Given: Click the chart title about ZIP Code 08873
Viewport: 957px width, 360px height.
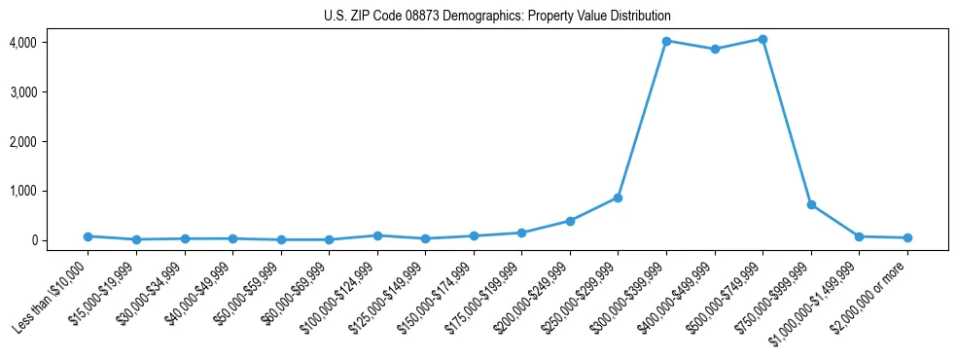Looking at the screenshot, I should (497, 17).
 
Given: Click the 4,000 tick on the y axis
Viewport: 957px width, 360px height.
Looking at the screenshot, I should (23, 43).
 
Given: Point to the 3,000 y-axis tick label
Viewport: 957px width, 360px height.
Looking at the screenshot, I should (23, 92).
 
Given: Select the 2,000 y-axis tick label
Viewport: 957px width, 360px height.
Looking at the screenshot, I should (23, 142).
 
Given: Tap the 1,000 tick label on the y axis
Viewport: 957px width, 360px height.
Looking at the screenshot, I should (23, 191).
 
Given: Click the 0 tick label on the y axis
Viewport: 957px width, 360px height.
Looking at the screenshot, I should (33, 240).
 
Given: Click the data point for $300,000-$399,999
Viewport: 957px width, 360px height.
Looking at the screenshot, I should (666, 41).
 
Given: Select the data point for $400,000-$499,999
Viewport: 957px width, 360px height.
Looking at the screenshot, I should (715, 49).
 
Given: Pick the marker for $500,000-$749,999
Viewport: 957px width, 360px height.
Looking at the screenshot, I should (762, 39).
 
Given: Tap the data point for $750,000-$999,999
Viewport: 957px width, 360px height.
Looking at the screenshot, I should (811, 205).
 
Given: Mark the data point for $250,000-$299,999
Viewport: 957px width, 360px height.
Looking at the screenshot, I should (619, 198).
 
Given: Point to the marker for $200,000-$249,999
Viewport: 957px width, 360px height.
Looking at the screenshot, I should (570, 221).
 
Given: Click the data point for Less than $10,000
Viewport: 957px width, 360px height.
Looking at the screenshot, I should (88, 236).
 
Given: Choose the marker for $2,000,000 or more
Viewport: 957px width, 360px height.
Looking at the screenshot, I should (907, 237).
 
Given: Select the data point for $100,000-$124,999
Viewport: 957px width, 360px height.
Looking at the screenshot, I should (377, 235).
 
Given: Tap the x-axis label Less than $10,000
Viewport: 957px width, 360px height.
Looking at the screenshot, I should (51, 296).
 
